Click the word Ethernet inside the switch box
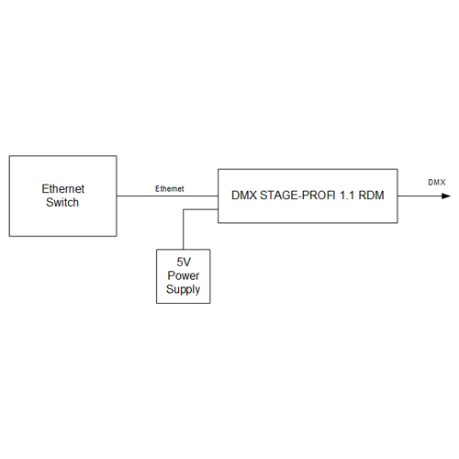click(x=62, y=189)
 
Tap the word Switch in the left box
click(x=62, y=202)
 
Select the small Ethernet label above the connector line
click(x=170, y=189)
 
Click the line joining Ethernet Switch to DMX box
click(x=167, y=196)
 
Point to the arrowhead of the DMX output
click(x=446, y=196)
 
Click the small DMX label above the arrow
click(x=437, y=183)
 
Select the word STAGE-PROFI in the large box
click(x=297, y=196)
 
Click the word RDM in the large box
click(x=371, y=196)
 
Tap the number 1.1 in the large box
click(x=347, y=196)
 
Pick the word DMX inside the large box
click(x=244, y=196)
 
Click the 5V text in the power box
click(x=184, y=262)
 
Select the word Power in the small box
click(x=184, y=275)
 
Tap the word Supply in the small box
click(x=183, y=289)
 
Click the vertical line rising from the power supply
click(x=184, y=229)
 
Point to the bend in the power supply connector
click(x=184, y=209)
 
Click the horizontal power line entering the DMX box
click(x=200, y=209)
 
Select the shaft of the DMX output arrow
click(x=420, y=196)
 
